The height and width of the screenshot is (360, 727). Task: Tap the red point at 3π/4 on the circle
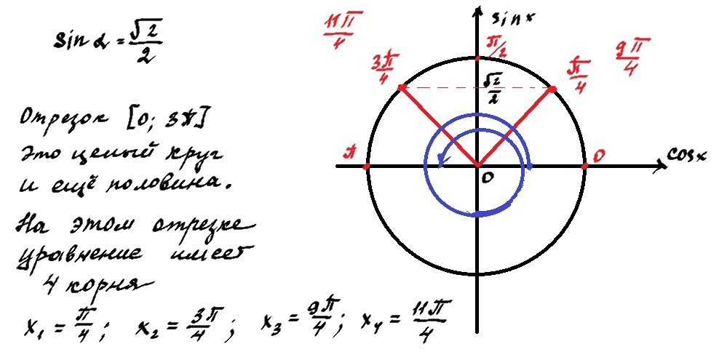[401, 88]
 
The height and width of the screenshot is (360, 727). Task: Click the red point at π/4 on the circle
[552, 89]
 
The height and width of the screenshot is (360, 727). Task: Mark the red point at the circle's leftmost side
[366, 167]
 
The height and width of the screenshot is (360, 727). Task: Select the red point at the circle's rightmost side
[585, 167]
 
